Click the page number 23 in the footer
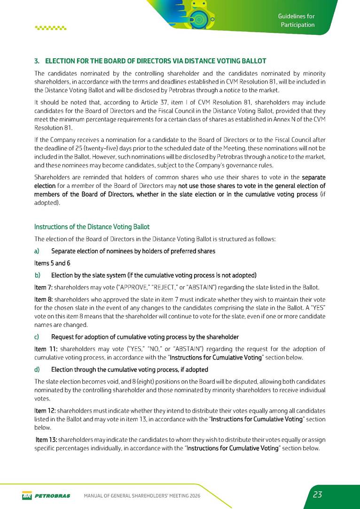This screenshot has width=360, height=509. point(317,494)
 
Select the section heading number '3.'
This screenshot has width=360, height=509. point(37,61)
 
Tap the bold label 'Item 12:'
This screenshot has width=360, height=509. point(46,410)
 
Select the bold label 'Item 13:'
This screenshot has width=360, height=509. point(47,439)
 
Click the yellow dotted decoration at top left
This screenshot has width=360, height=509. point(51,28)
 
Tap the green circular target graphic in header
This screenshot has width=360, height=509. point(199,19)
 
